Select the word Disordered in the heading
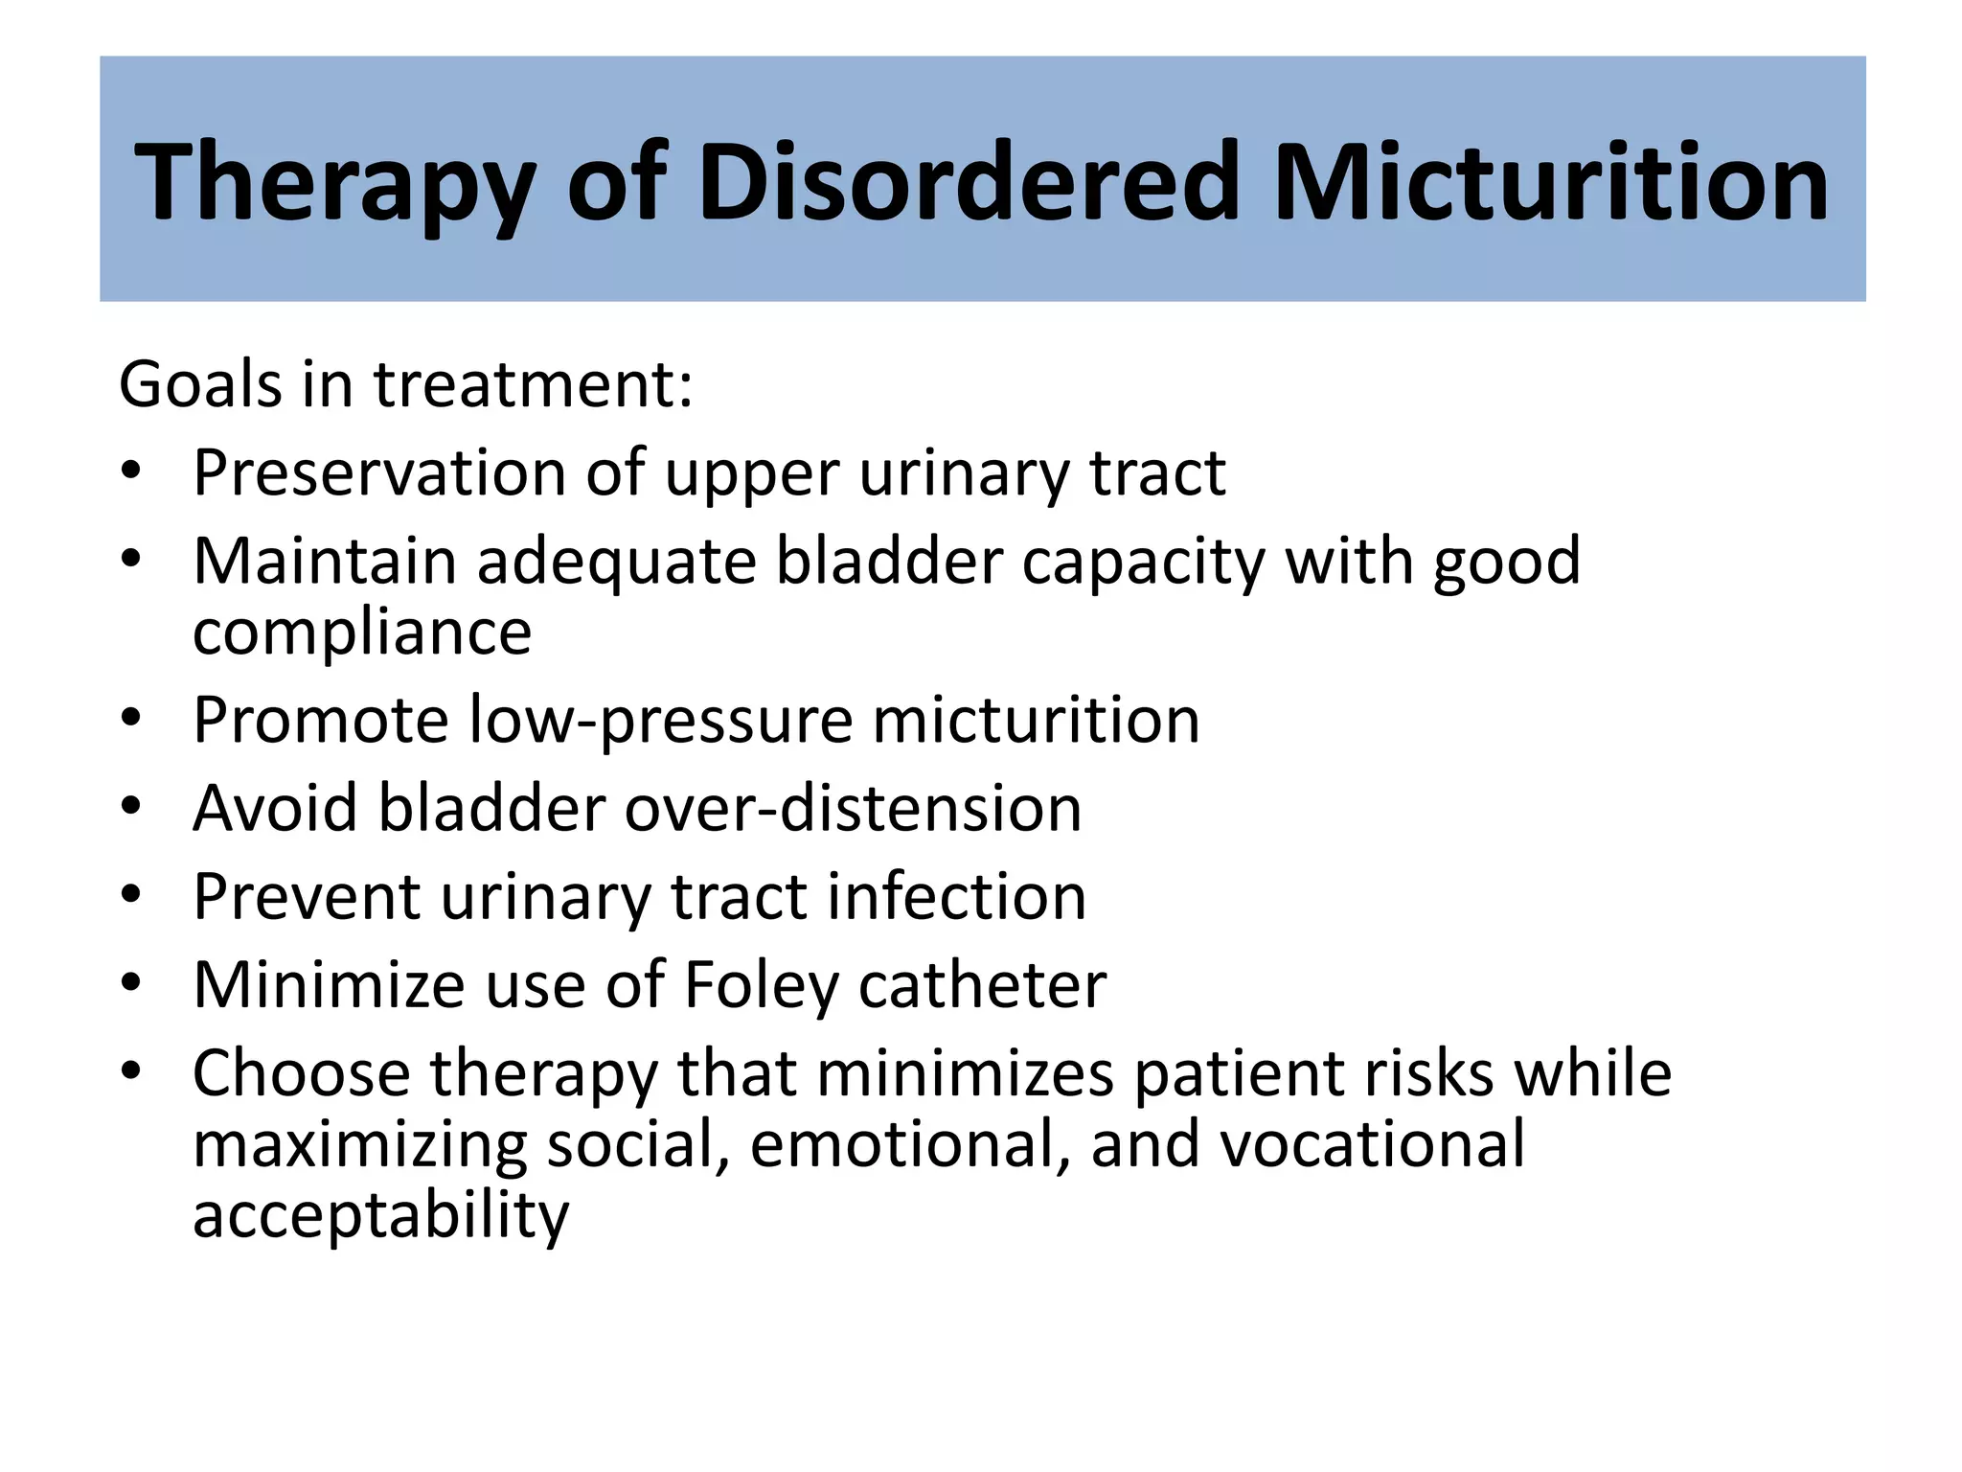969,182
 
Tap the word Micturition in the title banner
1551,182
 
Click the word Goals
200,384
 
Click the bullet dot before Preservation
131,471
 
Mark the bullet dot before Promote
131,717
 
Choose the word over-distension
854,808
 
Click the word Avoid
275,808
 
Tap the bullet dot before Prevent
131,894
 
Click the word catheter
983,985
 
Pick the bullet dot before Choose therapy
131,1070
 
